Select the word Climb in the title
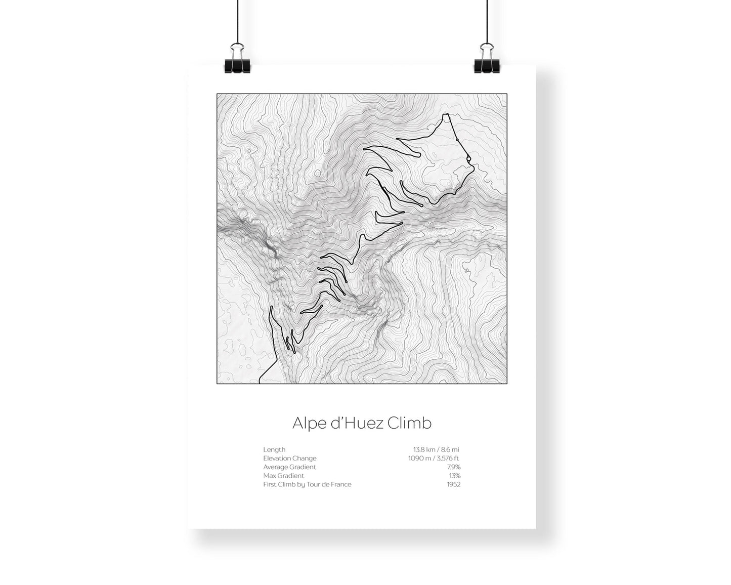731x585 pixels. pos(410,423)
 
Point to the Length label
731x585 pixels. pos(274,449)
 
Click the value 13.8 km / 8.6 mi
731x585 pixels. pos(436,449)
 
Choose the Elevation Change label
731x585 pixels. pos(289,458)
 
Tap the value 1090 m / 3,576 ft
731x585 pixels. pos(434,458)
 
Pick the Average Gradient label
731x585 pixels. pos(289,467)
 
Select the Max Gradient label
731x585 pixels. pos(283,476)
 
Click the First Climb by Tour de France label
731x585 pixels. pos(307,484)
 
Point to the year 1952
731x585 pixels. pos(453,484)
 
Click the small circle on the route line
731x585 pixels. pos(469,159)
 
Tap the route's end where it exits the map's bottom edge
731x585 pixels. pos(260,382)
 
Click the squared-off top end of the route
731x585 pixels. pos(446,115)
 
